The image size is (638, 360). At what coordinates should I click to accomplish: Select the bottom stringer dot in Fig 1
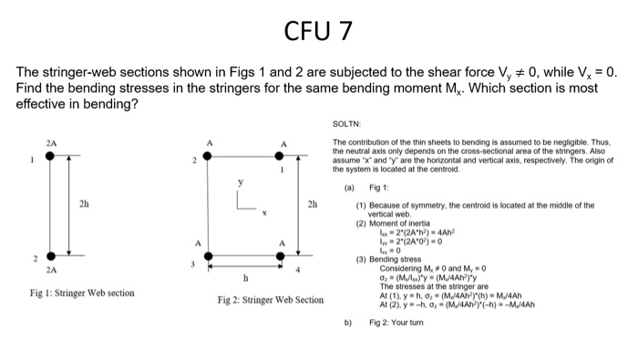[x=50, y=256]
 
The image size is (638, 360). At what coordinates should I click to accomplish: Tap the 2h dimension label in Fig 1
[x=85, y=203]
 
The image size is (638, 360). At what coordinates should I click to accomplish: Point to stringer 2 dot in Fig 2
[x=208, y=157]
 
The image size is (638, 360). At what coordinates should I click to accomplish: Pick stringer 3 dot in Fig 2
[x=208, y=256]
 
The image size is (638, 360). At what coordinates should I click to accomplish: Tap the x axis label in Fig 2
[x=264, y=211]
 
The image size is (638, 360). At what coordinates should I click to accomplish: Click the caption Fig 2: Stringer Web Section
[x=272, y=300]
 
